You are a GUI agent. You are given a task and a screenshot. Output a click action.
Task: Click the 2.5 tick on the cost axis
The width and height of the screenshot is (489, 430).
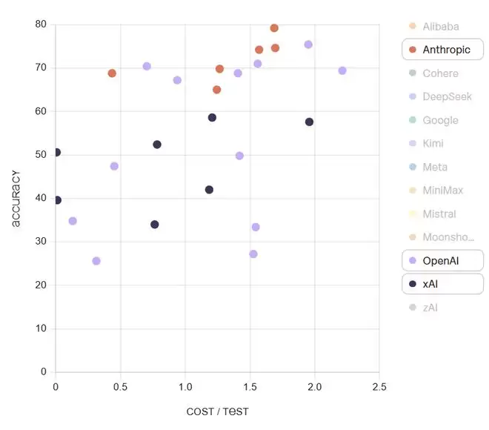tap(379, 387)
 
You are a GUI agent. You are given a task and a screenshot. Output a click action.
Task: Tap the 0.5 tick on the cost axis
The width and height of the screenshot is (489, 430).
tap(120, 387)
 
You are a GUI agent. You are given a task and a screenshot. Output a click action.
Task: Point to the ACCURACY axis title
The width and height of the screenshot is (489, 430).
tap(16, 199)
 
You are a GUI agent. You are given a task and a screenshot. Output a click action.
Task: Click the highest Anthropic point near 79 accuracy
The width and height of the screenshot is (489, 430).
tap(274, 28)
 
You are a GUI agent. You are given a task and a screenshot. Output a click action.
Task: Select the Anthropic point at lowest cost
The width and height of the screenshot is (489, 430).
tap(112, 73)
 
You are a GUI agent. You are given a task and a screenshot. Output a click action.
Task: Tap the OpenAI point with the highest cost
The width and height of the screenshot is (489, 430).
tap(342, 70)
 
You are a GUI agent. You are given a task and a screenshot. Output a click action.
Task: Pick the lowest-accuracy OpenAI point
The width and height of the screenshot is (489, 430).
tap(96, 261)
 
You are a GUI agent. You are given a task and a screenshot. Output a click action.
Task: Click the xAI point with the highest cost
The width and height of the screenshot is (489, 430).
tap(310, 122)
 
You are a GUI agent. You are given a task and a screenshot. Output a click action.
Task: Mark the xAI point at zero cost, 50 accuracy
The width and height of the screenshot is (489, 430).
tap(56, 152)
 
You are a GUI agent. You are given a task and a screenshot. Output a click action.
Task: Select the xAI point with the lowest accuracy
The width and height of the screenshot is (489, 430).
tap(154, 225)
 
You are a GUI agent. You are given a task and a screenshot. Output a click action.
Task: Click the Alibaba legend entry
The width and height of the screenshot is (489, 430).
tap(442, 27)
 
